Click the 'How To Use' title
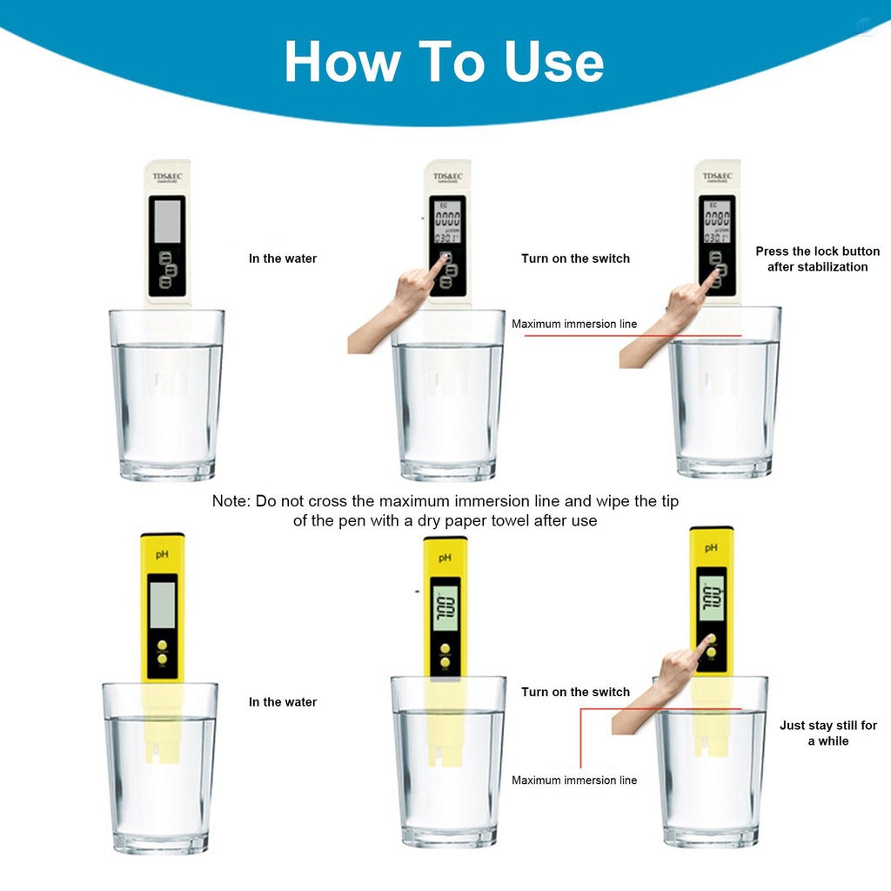[x=444, y=63]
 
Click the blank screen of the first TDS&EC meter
[x=167, y=219]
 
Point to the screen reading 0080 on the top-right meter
[x=717, y=218]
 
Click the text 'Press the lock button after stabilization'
[x=817, y=258]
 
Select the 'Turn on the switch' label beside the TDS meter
[x=575, y=258]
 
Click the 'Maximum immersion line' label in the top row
[x=574, y=324]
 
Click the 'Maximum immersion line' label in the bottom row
[x=574, y=780]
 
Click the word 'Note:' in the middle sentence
[x=231, y=501]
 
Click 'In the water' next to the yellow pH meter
[x=283, y=702]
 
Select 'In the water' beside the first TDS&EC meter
[x=283, y=258]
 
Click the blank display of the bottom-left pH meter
[x=163, y=603]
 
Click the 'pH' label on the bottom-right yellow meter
[x=711, y=548]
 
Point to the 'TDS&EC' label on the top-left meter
[x=167, y=177]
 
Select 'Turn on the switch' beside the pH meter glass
[x=575, y=692]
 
